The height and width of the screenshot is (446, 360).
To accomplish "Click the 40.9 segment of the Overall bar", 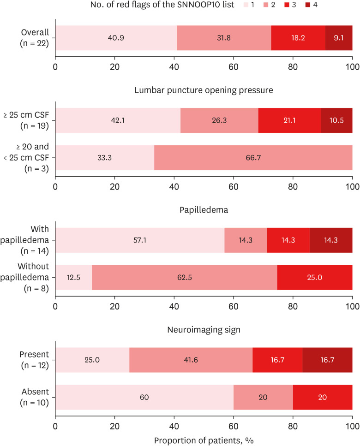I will click(x=116, y=38).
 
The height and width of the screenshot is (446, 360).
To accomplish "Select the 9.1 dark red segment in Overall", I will click(x=339, y=38).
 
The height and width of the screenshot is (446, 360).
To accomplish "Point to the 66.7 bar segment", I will click(x=253, y=158).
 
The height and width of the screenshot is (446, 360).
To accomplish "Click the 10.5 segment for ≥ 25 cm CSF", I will click(x=336, y=121).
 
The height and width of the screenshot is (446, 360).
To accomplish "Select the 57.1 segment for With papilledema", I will click(x=140, y=240).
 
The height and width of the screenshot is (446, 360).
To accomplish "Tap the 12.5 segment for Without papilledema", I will click(x=73, y=278).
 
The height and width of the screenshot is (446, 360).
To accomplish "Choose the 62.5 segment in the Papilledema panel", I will click(x=184, y=278).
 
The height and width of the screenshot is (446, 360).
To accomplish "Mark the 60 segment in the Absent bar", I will click(x=144, y=397).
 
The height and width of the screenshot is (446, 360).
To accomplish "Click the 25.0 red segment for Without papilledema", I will click(x=315, y=278).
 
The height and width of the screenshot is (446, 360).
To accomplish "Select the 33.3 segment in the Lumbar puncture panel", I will click(x=105, y=158).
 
